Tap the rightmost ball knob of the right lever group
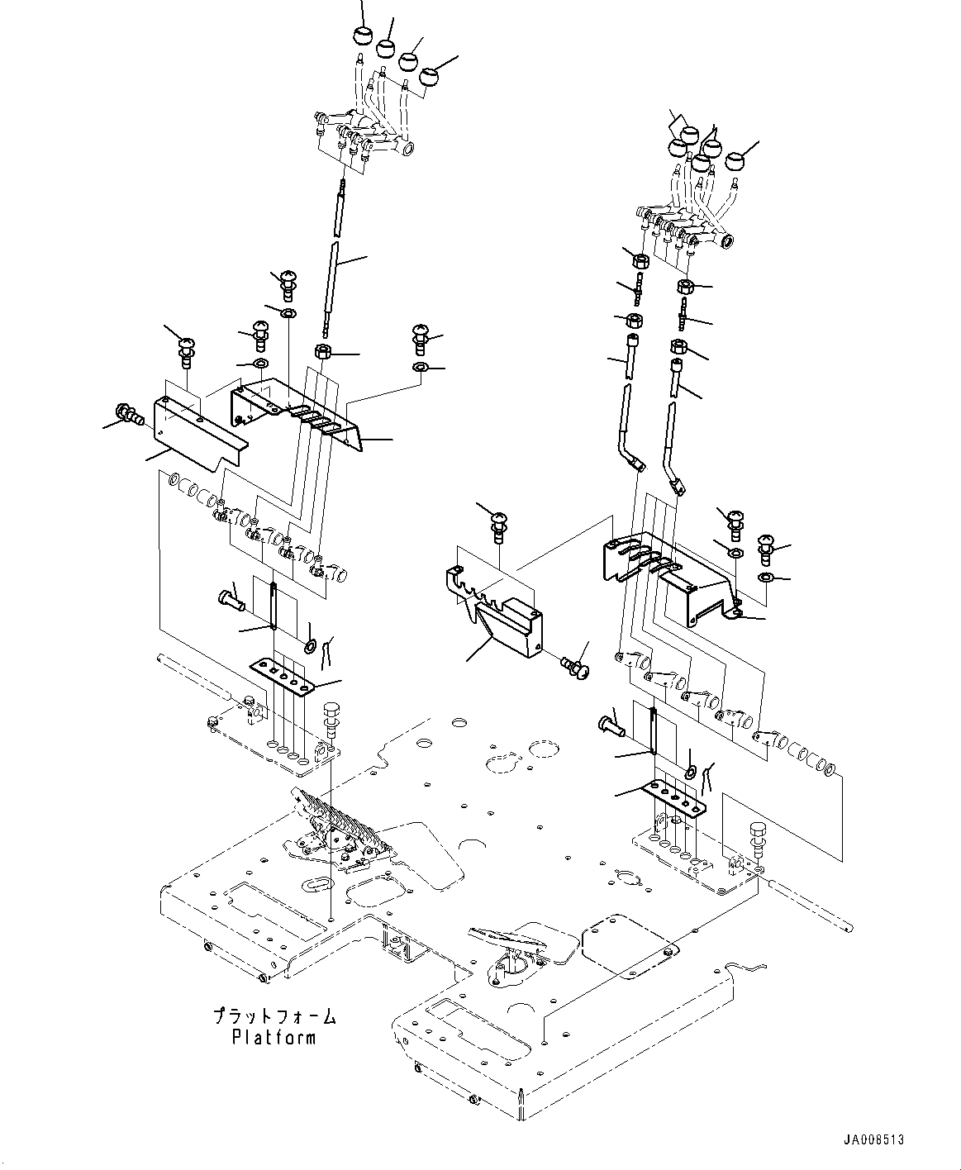[x=736, y=161]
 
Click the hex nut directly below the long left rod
[x=323, y=351]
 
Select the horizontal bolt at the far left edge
[x=129, y=414]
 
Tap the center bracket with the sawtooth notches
[x=493, y=611]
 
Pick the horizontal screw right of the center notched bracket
[x=575, y=667]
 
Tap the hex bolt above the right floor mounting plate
[x=758, y=846]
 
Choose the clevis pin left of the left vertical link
[x=232, y=601]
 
